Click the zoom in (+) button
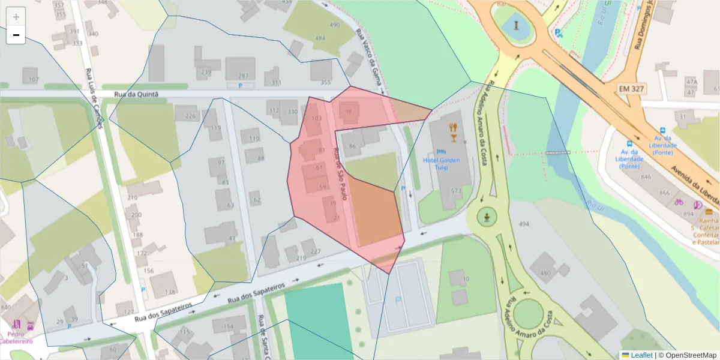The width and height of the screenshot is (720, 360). tap(16, 17)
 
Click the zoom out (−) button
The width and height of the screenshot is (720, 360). tap(16, 35)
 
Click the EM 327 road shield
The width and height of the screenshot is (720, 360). tap(632, 88)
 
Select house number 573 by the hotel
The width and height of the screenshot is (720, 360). tap(456, 191)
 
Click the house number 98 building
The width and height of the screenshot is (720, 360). tap(348, 112)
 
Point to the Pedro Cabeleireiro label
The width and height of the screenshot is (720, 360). tap(17, 337)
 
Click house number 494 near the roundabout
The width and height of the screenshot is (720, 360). tap(524, 224)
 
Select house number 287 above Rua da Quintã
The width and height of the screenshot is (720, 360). tap(243, 76)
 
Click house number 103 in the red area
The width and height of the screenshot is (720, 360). tap(317, 119)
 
